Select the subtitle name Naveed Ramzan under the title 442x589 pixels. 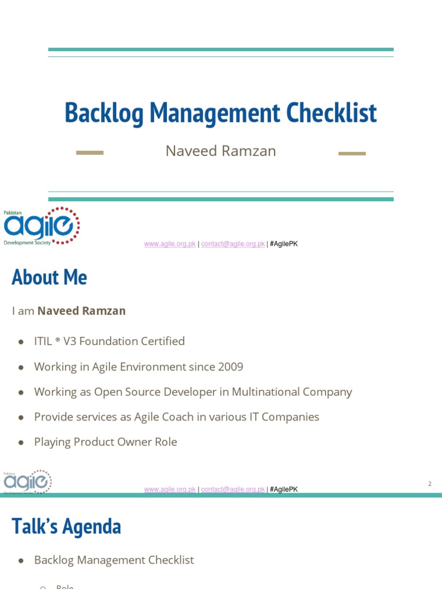221,151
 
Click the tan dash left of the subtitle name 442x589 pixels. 90,153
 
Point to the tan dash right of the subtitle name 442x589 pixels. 352,154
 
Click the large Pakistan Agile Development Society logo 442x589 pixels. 42,226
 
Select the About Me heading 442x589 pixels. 49,278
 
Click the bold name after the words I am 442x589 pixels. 81,311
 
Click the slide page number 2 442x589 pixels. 429,484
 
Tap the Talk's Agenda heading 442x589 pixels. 66,527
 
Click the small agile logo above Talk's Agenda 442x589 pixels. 28,482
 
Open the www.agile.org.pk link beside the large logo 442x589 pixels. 170,244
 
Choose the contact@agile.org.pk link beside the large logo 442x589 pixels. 233,244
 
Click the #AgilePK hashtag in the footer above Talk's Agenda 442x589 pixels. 284,489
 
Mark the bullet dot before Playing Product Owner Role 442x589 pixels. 21,442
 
